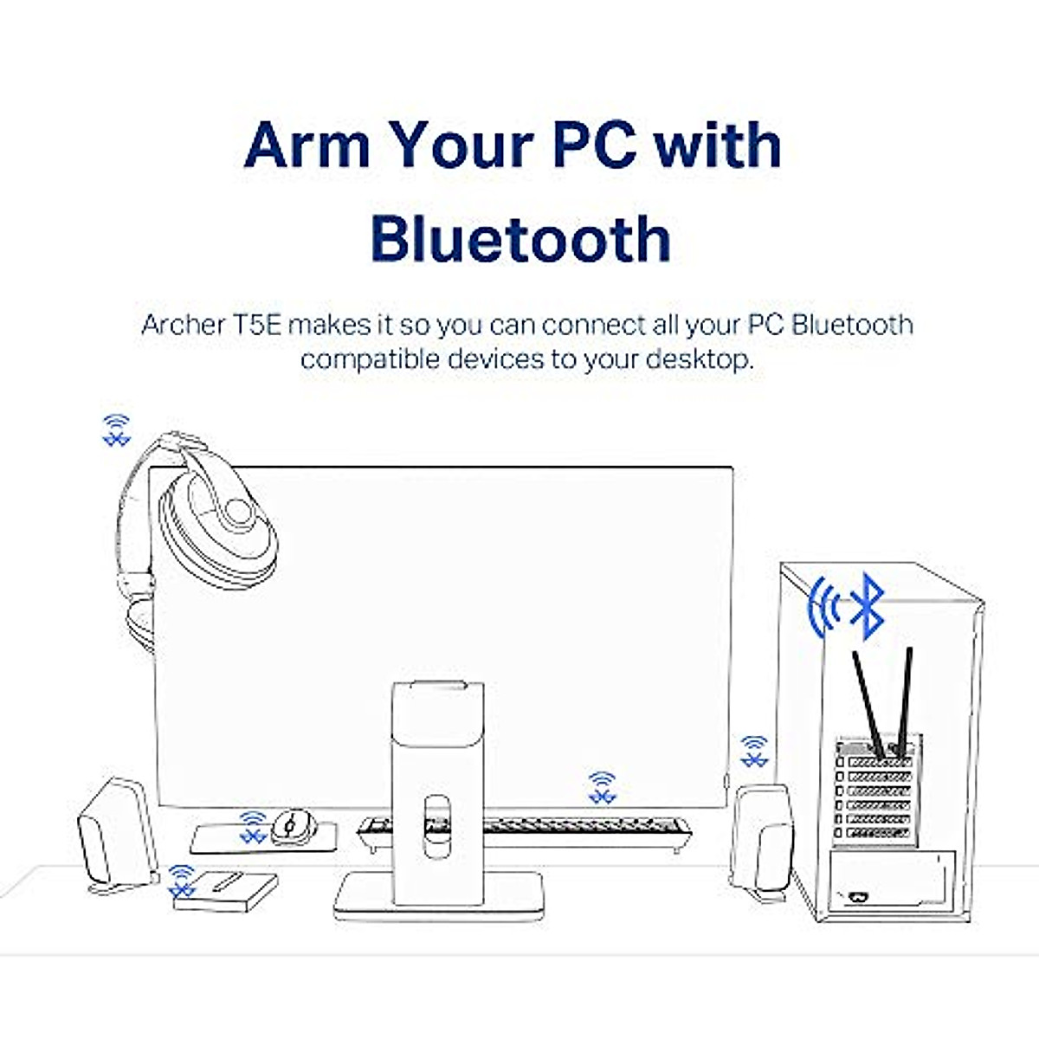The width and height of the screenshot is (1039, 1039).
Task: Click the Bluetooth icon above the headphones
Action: (116, 430)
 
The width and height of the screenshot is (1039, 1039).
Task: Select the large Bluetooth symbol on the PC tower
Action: (867, 605)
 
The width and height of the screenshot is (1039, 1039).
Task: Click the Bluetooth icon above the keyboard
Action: (602, 786)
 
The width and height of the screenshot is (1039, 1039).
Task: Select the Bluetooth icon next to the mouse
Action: (252, 826)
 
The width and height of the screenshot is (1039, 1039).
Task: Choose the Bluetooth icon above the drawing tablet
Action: (181, 880)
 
